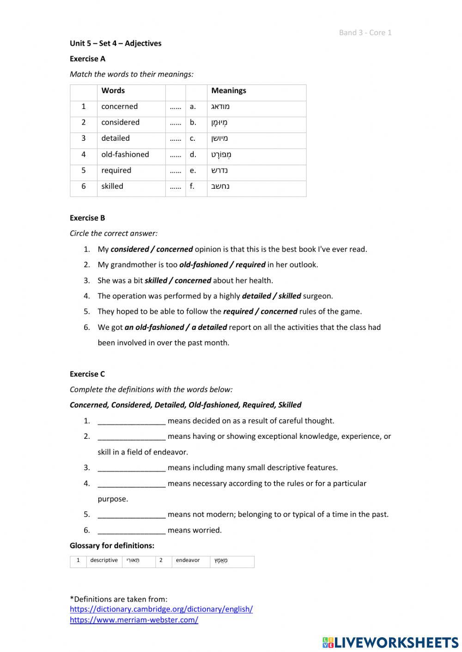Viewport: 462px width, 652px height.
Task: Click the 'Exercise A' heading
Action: [87, 59]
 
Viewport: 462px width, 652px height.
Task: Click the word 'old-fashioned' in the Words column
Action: [125, 154]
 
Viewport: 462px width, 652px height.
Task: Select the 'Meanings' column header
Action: [229, 90]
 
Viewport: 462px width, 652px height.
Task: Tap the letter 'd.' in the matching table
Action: [193, 154]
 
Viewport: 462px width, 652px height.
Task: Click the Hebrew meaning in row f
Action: [220, 186]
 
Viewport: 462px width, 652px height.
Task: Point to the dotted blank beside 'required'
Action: [175, 170]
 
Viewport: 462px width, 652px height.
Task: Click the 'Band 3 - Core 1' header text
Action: [365, 32]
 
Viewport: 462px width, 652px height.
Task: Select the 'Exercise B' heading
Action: [87, 218]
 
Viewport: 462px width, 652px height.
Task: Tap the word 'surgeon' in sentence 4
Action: [317, 296]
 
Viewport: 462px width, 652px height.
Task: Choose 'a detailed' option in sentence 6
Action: [209, 327]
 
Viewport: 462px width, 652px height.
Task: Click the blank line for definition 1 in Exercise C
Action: [131, 421]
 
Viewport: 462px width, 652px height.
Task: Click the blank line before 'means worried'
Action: [131, 530]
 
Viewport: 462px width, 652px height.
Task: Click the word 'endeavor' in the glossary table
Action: [188, 560]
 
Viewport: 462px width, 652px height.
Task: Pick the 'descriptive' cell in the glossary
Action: [104, 560]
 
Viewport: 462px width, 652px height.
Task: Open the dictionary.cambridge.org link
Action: [161, 609]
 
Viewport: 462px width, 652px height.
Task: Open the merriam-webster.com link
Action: [134, 620]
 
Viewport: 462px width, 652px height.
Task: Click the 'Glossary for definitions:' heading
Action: [112, 545]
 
